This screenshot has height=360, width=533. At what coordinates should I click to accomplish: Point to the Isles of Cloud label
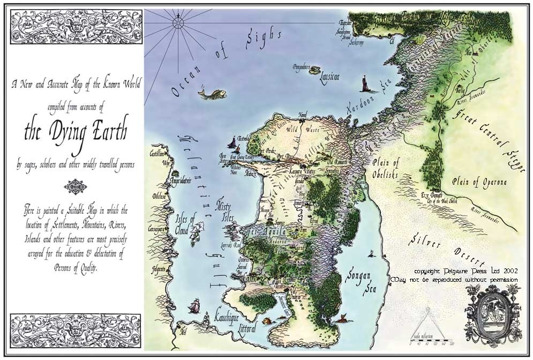point(186,223)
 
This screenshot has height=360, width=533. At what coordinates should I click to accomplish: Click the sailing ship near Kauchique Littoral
point(194,306)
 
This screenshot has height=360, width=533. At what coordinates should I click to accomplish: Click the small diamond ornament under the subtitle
point(75,186)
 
